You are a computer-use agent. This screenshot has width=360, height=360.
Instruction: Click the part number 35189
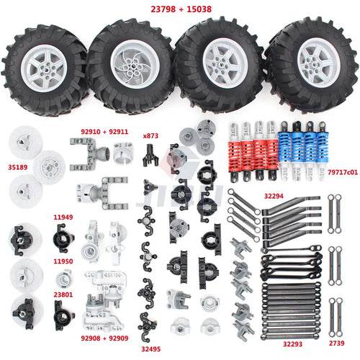18,167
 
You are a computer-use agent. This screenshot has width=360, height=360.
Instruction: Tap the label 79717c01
343,172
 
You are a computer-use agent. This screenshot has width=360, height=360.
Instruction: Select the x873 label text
150,136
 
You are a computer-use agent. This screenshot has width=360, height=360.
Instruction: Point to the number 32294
274,196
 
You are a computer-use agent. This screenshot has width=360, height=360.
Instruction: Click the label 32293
292,344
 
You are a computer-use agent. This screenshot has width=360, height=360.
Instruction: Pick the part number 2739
336,343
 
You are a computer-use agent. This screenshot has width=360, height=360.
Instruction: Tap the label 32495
150,349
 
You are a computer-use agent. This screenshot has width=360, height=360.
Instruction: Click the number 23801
63,294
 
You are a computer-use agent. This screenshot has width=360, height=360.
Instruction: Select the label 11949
63,217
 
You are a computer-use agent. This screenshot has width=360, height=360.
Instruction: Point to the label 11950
63,261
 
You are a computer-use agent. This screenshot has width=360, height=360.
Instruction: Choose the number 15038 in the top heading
199,9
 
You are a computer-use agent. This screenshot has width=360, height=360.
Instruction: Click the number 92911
119,132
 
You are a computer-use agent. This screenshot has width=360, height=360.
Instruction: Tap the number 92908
91,338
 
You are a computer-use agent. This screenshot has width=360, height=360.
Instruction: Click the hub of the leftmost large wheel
45,69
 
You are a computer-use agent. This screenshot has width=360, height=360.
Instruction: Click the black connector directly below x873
150,156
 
